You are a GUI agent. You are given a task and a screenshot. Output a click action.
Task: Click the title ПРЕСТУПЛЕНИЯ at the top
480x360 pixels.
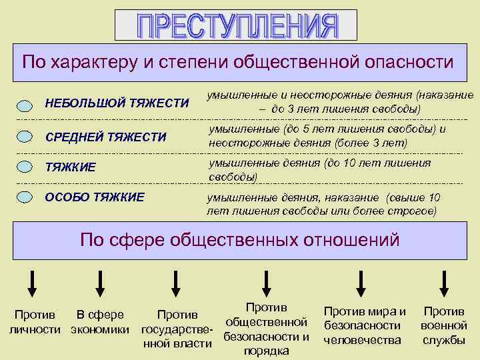236,25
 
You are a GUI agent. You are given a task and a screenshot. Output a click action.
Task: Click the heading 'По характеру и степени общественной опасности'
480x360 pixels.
237,62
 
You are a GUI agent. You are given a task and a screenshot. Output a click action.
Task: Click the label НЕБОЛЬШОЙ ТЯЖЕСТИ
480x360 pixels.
117,103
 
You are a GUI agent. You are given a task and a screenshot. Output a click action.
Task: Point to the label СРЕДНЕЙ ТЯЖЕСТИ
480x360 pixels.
105,137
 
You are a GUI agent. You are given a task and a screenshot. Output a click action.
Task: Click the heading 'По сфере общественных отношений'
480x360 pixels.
239,239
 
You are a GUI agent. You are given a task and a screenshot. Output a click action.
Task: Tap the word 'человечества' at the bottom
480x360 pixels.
363,340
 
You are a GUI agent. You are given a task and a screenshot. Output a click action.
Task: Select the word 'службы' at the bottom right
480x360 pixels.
444,340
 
